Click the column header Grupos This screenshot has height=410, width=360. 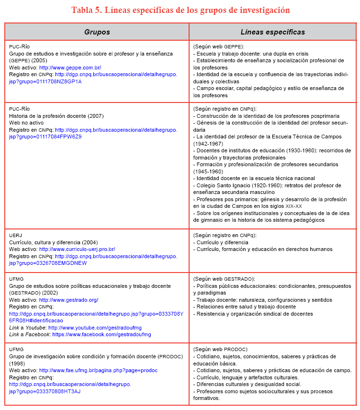coord(97,32)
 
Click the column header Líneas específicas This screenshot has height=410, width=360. coord(272,32)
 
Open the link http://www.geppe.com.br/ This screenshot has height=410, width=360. coord(70,68)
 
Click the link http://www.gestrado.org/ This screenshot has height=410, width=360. coord(68,300)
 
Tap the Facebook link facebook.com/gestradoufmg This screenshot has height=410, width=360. coord(101,334)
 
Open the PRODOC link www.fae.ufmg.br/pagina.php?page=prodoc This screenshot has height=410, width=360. coord(98,370)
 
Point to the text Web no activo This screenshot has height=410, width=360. coord(26,123)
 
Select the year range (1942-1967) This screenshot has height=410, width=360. coord(209,144)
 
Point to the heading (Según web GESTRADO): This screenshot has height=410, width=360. coord(224,279)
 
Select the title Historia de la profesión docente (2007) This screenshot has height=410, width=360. coord(56,116)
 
